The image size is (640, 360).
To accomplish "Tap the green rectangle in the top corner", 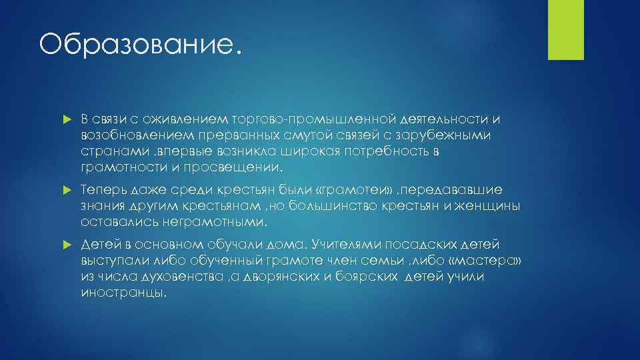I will [x=565, y=29].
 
